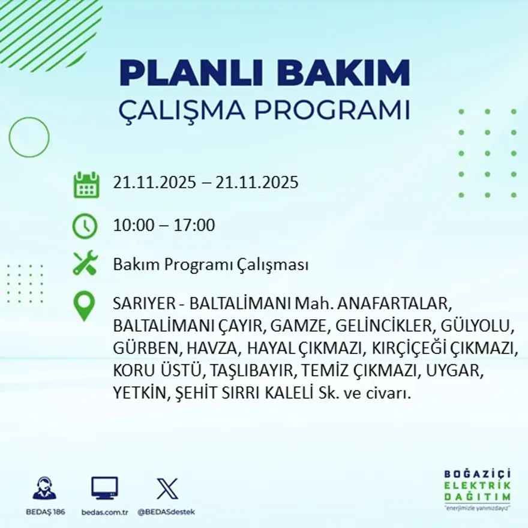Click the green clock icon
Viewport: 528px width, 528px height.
click(x=85, y=226)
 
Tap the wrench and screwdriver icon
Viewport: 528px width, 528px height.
click(x=85, y=264)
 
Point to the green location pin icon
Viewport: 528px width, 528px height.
click(x=85, y=305)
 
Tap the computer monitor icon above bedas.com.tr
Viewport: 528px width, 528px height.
click(x=104, y=488)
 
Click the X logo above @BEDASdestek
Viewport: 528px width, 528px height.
click(x=166, y=488)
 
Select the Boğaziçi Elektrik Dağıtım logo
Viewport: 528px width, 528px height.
click(x=478, y=488)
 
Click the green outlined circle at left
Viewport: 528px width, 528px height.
click(x=29, y=137)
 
